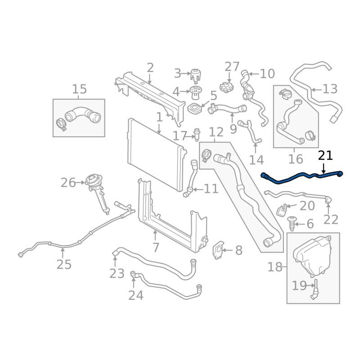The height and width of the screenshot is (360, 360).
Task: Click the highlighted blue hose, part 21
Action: click(298, 177)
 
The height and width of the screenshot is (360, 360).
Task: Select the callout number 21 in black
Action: click(325, 156)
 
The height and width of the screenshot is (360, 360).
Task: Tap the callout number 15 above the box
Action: click(80, 89)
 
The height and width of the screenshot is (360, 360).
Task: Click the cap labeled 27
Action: click(227, 86)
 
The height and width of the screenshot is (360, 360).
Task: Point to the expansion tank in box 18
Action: click(312, 256)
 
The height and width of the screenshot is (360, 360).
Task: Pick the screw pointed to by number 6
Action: click(292, 223)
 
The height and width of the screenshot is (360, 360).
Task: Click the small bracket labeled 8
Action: click(218, 250)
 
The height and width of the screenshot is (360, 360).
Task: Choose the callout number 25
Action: click(64, 265)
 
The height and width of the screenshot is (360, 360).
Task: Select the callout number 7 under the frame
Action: click(156, 247)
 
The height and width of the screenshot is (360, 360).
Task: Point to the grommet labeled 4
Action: click(195, 92)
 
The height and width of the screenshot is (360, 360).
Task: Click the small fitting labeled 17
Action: click(197, 135)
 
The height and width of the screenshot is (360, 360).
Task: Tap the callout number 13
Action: click(330, 89)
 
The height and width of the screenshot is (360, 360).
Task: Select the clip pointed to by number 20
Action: click(282, 210)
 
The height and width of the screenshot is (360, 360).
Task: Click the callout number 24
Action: click(136, 295)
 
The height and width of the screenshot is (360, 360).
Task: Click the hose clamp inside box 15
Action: click(61, 124)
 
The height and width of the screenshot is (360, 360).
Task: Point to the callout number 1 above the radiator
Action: click(159, 117)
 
